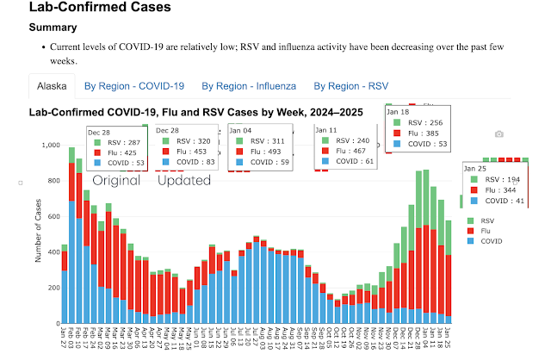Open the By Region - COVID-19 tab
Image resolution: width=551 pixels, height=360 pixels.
pos(134,86)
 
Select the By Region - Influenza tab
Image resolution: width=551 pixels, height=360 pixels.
pos(248,86)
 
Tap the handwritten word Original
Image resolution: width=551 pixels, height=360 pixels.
pos(116,181)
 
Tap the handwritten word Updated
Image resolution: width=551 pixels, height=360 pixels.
pos(184,181)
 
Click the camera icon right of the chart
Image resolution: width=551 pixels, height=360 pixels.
pos(498,134)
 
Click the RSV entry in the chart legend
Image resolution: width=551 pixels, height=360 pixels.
pos(483,221)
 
